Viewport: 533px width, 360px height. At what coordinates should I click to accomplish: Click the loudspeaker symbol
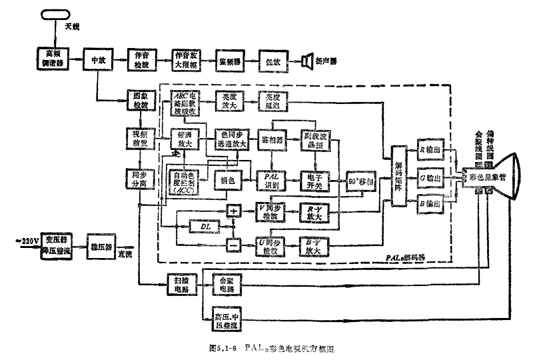(x=307, y=61)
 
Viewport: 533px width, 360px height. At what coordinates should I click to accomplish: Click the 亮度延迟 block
(x=272, y=100)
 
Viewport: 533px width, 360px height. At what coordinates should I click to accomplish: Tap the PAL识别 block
(x=272, y=179)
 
